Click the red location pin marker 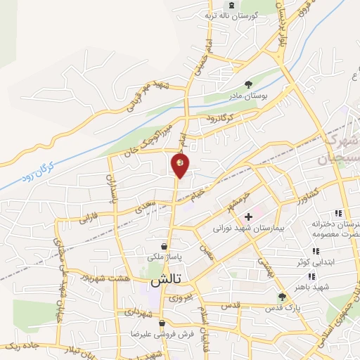click(x=180, y=165)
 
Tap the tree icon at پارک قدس click(x=282, y=296)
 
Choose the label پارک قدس click(x=287, y=308)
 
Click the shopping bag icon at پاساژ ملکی click(x=164, y=247)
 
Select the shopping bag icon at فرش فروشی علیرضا click(x=162, y=323)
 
